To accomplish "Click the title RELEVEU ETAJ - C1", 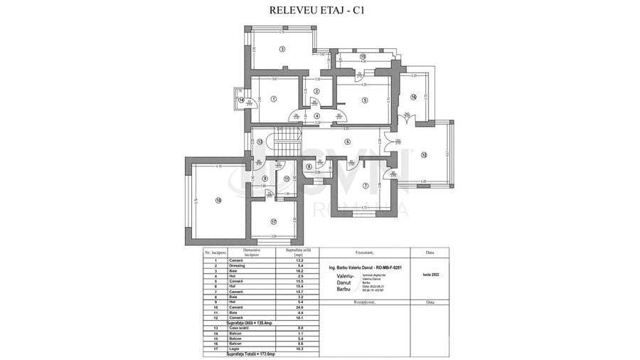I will [320, 10].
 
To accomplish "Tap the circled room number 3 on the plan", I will [282, 49].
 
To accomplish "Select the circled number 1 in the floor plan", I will [274, 99].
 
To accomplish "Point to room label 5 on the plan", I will [364, 100].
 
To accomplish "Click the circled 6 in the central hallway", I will [348, 142].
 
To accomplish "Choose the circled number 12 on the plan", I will [423, 154].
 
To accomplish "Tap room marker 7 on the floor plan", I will [365, 186].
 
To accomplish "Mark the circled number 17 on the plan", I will [273, 221].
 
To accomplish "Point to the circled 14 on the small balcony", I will [241, 100].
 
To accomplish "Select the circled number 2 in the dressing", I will [318, 91].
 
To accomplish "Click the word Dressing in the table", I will [237, 265].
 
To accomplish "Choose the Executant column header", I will [363, 252].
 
